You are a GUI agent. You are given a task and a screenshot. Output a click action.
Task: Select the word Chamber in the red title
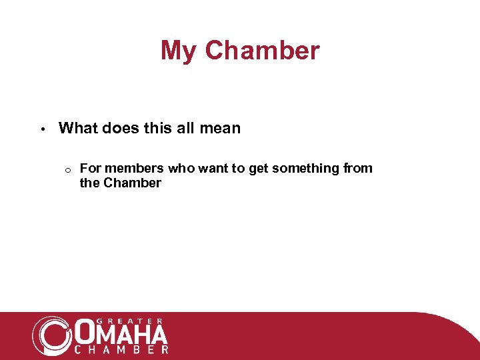coord(262,51)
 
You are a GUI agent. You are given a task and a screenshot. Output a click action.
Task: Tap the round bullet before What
coord(41,129)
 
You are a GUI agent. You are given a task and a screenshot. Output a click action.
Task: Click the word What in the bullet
coord(77,128)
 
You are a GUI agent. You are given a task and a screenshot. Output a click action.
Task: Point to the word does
coord(119,128)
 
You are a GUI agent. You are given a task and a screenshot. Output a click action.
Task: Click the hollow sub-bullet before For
coord(68,169)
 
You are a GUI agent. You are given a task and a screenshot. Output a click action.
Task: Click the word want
coord(213,168)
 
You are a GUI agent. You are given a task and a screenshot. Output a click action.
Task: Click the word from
coord(358,168)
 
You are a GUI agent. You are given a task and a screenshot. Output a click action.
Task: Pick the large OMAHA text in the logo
coord(121,333)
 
